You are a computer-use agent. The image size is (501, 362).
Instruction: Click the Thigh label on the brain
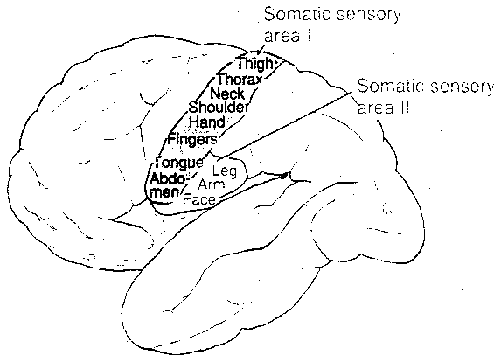pos(254,64)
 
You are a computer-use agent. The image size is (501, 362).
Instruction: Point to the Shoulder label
pos(219,108)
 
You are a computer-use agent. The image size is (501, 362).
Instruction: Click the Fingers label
pos(192,138)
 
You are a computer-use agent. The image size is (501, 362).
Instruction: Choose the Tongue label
pos(177,163)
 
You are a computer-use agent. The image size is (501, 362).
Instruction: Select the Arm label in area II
pos(210,185)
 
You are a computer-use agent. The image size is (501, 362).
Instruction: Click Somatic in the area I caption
pos(291,16)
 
